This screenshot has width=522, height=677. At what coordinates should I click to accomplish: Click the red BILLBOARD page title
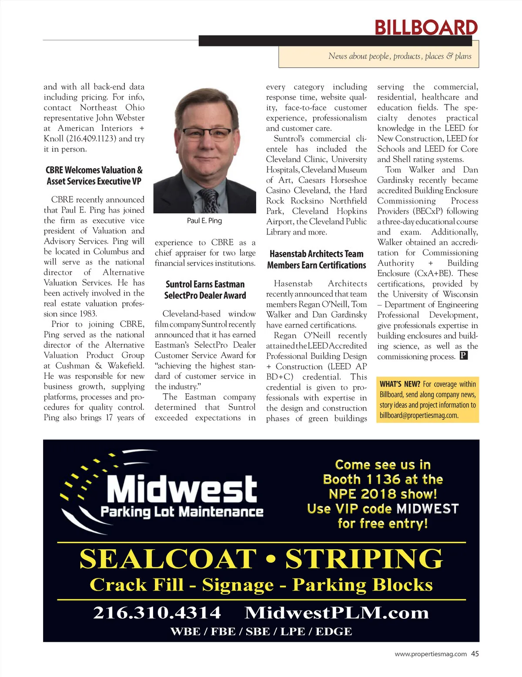[426, 28]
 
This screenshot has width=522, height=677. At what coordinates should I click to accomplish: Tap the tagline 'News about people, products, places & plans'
[400, 56]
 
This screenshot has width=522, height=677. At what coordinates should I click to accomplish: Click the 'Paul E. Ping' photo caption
[204, 221]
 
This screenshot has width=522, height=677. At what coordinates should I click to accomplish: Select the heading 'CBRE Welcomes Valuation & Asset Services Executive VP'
[94, 176]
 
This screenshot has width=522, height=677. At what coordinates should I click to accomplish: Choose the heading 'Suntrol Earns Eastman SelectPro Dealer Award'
[205, 290]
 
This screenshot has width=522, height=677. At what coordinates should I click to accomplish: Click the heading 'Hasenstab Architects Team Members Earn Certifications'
[316, 259]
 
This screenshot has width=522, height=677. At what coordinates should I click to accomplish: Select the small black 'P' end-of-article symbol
[464, 356]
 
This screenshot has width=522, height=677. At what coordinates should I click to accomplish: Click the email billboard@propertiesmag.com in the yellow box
[419, 415]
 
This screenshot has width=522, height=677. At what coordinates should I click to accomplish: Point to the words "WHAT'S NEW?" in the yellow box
[400, 384]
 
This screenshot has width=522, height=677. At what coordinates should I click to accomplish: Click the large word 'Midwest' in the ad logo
[182, 489]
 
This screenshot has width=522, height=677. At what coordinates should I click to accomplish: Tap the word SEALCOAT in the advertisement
[168, 559]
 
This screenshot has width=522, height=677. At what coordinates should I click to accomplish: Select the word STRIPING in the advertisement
[364, 559]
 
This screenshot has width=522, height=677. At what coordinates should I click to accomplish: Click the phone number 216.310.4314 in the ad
[157, 613]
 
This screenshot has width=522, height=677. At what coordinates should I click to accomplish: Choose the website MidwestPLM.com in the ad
[337, 613]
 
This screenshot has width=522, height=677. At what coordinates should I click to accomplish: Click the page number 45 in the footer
[475, 654]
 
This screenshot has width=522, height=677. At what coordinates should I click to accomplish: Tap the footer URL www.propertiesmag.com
[431, 654]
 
